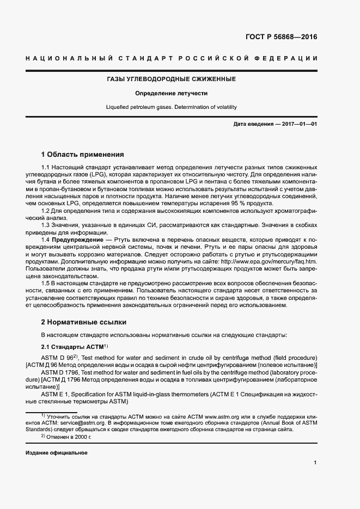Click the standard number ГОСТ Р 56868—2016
(282, 38)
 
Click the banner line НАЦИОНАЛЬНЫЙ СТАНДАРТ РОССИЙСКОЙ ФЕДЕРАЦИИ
(172, 58)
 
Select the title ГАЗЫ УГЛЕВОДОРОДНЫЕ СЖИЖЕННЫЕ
(172, 79)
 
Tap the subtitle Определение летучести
(172, 94)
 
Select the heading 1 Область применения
(82, 154)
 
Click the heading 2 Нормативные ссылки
(84, 322)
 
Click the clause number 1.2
(46, 210)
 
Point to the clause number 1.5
(46, 284)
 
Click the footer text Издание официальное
(57, 453)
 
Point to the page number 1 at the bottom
(315, 463)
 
